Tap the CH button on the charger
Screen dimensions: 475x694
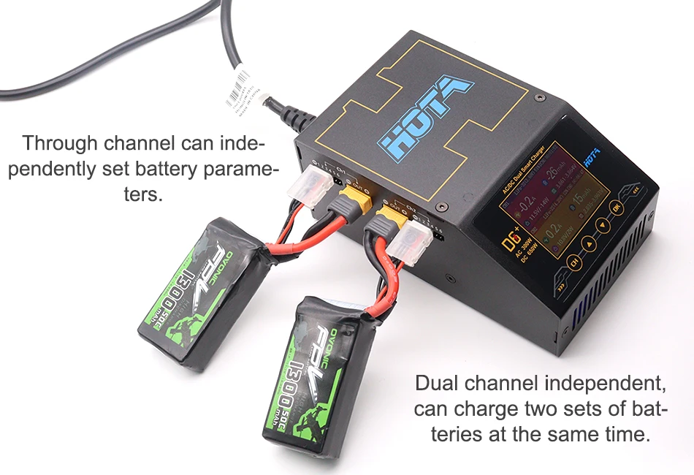574,262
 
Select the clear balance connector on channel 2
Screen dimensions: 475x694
414,240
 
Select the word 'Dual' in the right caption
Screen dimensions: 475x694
443,384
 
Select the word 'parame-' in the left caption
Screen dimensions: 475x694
242,170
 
